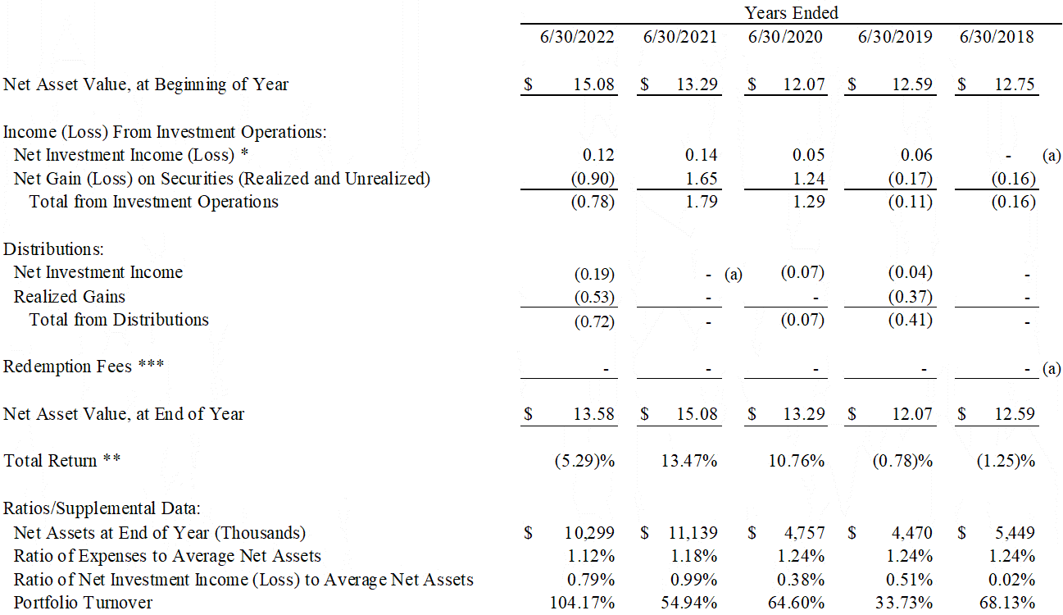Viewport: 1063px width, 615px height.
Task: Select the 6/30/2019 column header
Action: [895, 37]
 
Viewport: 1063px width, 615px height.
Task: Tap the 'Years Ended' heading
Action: [791, 13]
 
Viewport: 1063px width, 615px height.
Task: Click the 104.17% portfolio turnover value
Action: [584, 603]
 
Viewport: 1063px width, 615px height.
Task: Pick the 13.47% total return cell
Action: [689, 461]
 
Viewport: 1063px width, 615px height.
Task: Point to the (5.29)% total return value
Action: [584, 461]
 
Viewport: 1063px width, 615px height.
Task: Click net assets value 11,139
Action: [690, 532]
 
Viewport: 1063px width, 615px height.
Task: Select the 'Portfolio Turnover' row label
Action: [83, 603]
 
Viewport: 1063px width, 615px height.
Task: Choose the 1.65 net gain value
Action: [701, 179]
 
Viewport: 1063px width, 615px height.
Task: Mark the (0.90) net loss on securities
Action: [593, 179]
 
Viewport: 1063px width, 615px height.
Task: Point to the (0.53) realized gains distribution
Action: [593, 296]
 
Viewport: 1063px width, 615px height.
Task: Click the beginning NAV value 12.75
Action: [1015, 84]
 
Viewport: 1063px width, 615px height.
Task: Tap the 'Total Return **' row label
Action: [62, 461]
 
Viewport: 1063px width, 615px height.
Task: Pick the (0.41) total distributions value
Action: [911, 320]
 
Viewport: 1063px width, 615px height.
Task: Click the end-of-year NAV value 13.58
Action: [593, 414]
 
